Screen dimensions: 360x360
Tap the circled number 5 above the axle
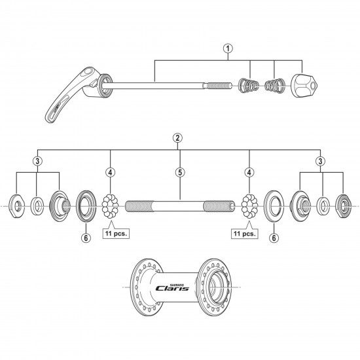coord(180,173)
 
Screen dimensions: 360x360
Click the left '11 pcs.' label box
coord(116,232)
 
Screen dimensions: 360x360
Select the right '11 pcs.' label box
coord(243,232)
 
